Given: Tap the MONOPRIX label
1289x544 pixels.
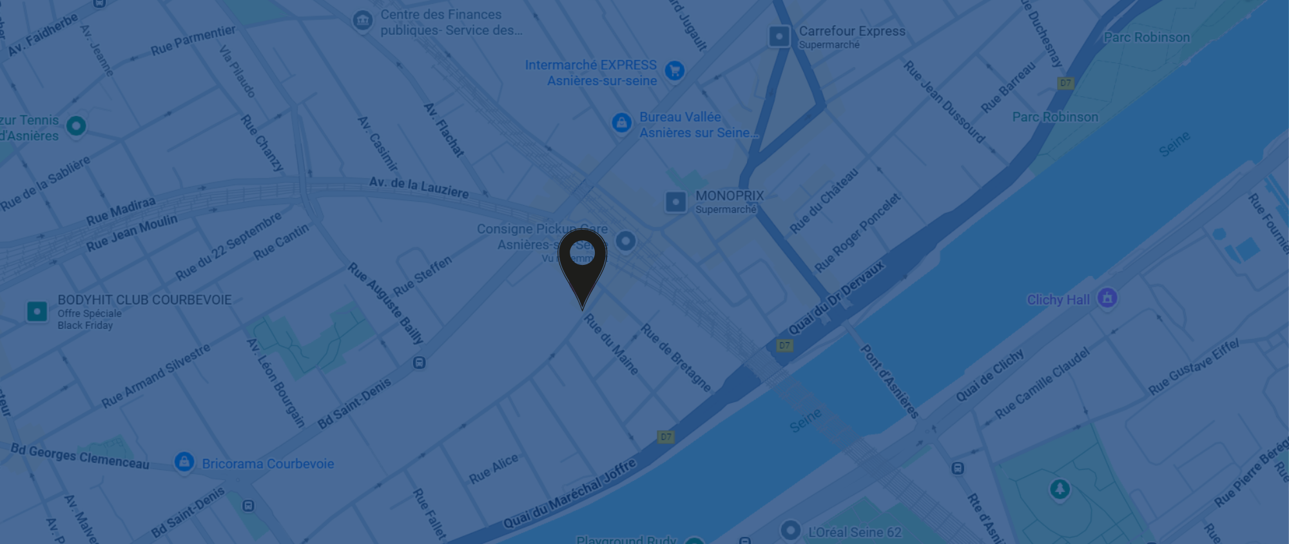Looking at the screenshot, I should (x=729, y=196).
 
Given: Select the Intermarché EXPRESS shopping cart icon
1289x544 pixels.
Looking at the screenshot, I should (x=674, y=71).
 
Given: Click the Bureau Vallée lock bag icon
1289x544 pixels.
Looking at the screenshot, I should (x=621, y=122).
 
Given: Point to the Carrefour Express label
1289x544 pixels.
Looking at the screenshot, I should (x=851, y=32).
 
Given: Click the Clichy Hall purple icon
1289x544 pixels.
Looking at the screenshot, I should (x=1107, y=298).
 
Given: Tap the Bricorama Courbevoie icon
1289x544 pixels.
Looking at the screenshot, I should (x=184, y=462).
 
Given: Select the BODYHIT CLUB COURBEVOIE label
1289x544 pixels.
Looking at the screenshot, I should (x=144, y=300).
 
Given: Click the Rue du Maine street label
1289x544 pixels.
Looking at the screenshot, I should (x=611, y=344).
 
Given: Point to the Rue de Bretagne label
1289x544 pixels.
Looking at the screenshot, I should (x=675, y=358).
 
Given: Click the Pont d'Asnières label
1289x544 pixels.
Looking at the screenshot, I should (x=889, y=382).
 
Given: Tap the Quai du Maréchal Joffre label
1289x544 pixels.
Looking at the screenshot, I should (x=569, y=494).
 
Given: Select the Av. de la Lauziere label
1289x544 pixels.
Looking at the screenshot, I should (x=419, y=187).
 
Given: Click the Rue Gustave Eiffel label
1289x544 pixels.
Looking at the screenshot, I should (x=1193, y=366).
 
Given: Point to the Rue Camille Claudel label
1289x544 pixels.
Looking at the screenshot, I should (x=1042, y=383).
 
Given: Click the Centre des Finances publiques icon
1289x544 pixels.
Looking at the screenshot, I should (x=363, y=21).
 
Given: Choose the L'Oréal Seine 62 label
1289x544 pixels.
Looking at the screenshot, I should (x=854, y=532).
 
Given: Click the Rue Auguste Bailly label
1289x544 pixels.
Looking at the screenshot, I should (x=385, y=303).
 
